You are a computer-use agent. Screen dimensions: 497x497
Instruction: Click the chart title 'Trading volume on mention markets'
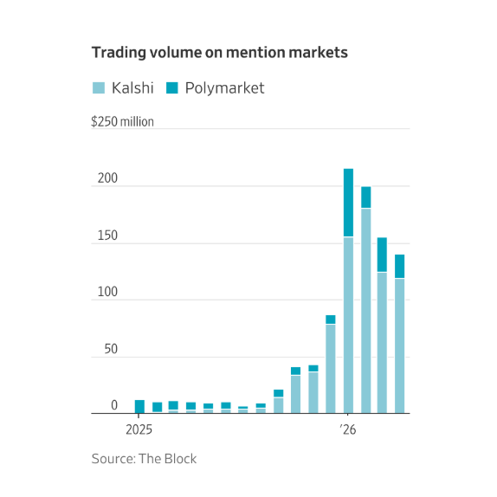[x=220, y=52]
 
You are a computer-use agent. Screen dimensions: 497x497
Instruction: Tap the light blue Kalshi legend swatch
[x=99, y=87]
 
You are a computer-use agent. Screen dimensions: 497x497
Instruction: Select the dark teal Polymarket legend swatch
[x=172, y=87]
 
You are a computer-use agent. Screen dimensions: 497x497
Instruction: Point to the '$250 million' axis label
[x=122, y=122]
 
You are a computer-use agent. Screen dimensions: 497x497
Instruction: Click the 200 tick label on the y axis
[x=107, y=178]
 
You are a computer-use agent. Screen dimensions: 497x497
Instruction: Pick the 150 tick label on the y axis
[x=107, y=236]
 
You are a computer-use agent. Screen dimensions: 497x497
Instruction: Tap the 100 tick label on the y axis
[x=107, y=292]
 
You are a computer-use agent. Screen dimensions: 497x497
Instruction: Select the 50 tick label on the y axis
[x=111, y=349]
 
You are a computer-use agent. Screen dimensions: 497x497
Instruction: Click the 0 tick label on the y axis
[x=114, y=405]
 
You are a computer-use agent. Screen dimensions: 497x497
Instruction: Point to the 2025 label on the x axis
[x=139, y=429]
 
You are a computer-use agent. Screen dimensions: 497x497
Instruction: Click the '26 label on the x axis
[x=348, y=429]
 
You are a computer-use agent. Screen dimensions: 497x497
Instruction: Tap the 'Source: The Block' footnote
[x=144, y=459]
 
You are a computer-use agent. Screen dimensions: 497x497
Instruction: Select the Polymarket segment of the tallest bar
[x=348, y=203]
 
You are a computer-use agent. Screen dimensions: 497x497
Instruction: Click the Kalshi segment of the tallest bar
[x=348, y=326]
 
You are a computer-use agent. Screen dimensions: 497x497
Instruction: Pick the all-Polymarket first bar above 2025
[x=139, y=407]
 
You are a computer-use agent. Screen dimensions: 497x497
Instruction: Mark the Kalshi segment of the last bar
[x=399, y=346]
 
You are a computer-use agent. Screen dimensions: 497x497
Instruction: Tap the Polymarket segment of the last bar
[x=399, y=267]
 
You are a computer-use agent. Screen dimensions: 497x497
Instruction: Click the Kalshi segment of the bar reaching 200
[x=366, y=311]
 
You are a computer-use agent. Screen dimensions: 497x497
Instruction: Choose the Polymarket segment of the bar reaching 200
[x=366, y=197]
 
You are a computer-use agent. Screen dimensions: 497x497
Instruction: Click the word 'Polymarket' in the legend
[x=225, y=88]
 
